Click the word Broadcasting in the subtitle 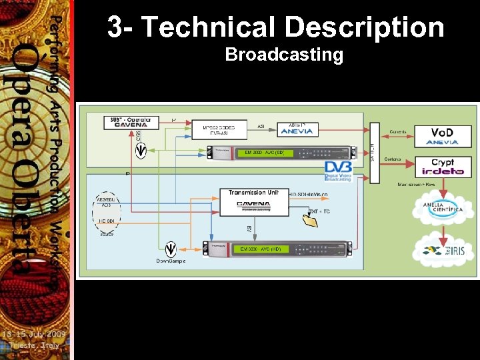(284, 55)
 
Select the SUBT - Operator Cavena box (132, 123)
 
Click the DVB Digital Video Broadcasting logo (338, 171)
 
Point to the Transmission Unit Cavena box (254, 201)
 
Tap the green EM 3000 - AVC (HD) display (262, 249)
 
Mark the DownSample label (171, 261)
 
